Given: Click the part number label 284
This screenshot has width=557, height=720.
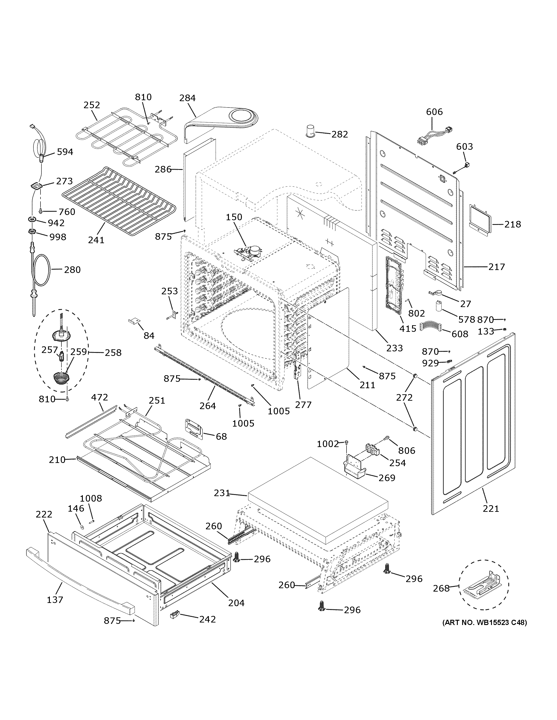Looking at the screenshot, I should pyautogui.click(x=187, y=98).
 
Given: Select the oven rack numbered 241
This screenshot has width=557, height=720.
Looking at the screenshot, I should pyautogui.click(x=119, y=201).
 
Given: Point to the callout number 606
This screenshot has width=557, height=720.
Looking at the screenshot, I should pyautogui.click(x=434, y=112).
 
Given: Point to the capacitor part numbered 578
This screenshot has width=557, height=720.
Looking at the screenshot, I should pyautogui.click(x=438, y=306).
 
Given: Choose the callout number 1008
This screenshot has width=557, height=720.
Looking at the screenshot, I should pyautogui.click(x=91, y=498).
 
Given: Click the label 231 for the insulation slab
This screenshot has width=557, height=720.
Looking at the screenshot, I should pyautogui.click(x=221, y=493).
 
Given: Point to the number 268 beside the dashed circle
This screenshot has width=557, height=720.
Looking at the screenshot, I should pyautogui.click(x=441, y=588).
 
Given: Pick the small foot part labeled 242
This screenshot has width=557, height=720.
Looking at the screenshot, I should pyautogui.click(x=174, y=613).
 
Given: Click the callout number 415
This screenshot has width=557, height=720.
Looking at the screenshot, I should pyautogui.click(x=408, y=328).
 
